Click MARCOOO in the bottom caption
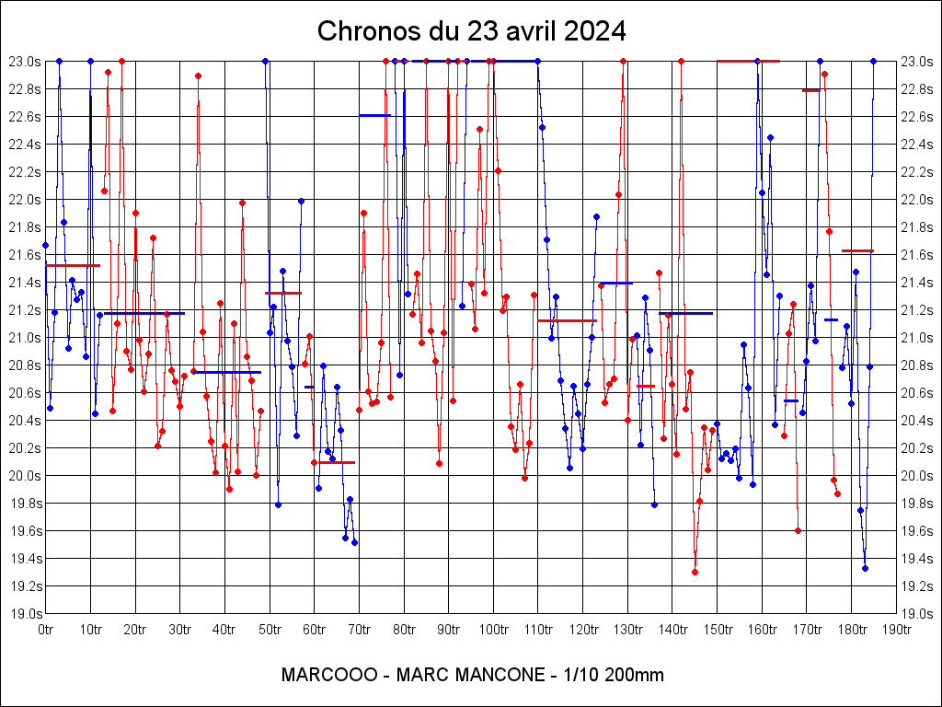328,675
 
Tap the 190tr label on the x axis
896,630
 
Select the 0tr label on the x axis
46,630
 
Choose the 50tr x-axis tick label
270,630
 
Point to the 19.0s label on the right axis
917,614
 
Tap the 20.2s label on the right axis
917,448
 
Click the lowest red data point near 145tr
695,572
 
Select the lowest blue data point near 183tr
865,568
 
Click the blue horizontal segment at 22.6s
374,115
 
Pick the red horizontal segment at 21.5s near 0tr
72,265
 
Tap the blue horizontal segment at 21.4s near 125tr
617,284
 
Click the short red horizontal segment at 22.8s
810,90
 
